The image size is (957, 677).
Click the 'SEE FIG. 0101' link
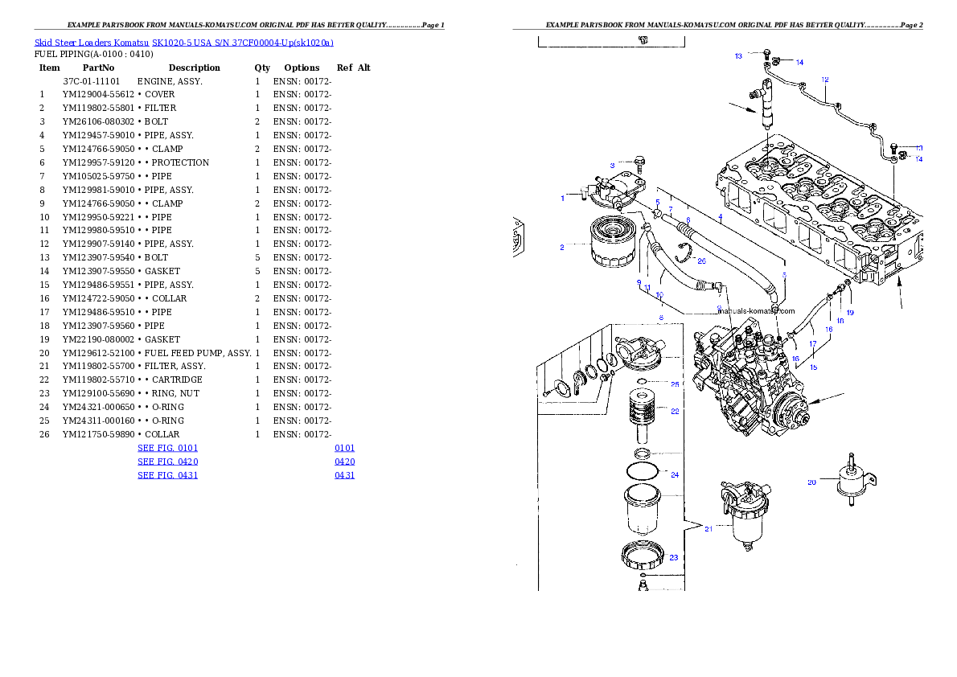point(167,448)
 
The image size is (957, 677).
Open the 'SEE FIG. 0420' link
point(167,462)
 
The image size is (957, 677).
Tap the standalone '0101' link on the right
point(345,448)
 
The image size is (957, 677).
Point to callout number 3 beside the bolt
point(612,165)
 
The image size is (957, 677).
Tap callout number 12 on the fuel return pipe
point(825,80)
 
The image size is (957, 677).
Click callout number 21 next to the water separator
point(709,528)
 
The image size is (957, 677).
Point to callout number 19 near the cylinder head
point(849,312)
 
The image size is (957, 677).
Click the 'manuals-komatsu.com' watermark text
point(756,310)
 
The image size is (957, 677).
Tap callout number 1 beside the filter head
point(563,197)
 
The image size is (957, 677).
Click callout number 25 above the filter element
point(675,384)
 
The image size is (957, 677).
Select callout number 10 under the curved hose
point(659,294)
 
